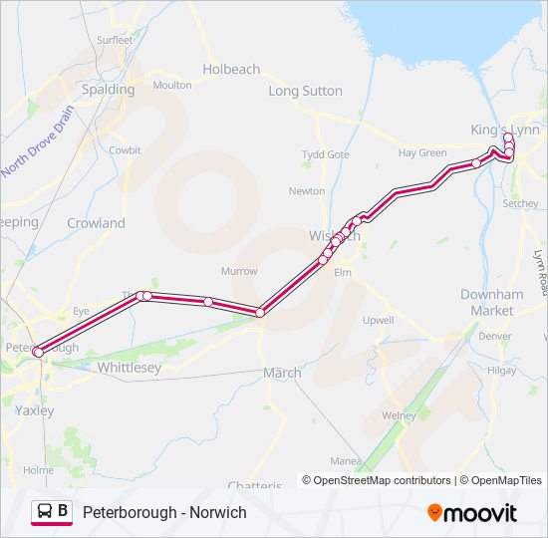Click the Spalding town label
point(108,89)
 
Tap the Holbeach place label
point(231,70)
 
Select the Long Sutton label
point(305,91)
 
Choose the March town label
point(281,373)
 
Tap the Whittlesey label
point(130,368)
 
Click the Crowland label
point(96,223)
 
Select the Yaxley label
point(35,409)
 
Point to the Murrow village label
point(239,271)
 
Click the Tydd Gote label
point(326,154)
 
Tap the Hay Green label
point(422,152)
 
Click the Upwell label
point(378,320)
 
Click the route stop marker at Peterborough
point(39,352)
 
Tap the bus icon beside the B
point(45,512)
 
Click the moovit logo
point(472,513)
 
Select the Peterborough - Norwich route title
point(164,512)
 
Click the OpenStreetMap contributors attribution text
point(382,480)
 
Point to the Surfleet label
point(114,40)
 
